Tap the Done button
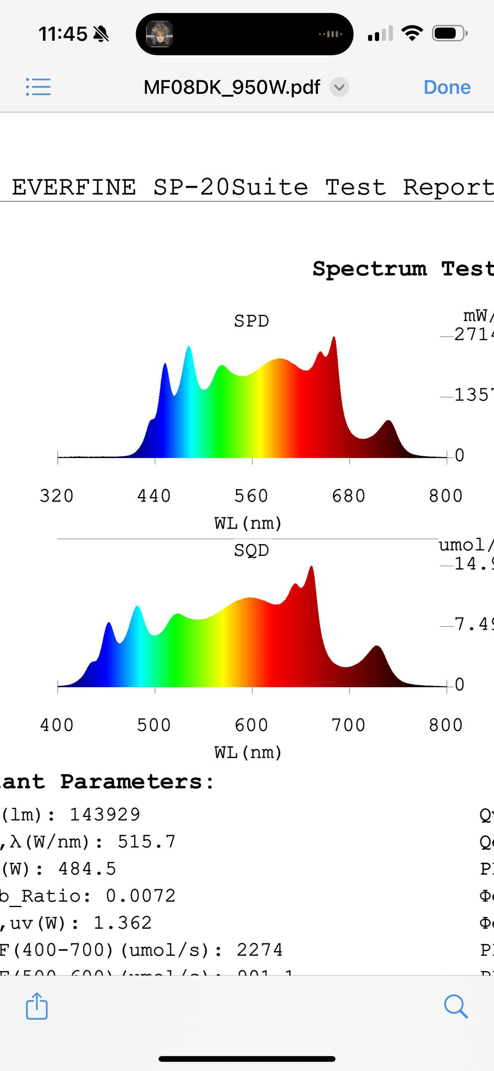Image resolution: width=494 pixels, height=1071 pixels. coord(447,87)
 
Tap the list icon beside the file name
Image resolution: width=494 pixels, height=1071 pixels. coord(38,87)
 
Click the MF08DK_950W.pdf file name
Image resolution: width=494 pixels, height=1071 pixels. coord(232,87)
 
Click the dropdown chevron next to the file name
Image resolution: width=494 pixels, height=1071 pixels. coord(339,87)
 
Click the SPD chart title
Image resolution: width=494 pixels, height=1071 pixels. coord(252,321)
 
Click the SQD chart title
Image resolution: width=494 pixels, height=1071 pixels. coord(252,550)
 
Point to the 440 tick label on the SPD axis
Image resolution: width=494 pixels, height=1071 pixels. coord(154,496)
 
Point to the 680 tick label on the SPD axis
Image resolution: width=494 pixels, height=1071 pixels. coord(348,496)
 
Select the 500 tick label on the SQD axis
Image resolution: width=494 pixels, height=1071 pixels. coord(154,725)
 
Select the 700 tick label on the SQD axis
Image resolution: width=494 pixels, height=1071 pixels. coord(348,725)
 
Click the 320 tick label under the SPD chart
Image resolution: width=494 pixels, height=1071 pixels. coord(56,496)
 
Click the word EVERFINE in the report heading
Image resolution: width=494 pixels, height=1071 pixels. coord(74,187)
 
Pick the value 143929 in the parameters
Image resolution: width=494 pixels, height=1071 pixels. coord(105,814)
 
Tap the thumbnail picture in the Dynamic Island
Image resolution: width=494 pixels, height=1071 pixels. coord(159,34)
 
